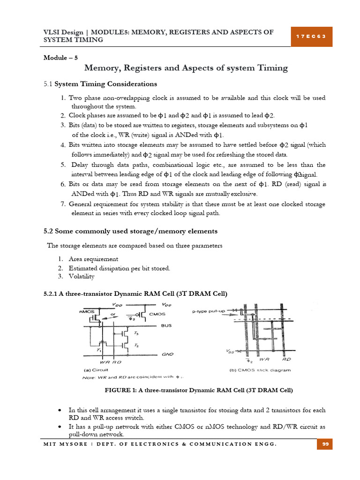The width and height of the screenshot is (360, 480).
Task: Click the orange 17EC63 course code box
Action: (311, 37)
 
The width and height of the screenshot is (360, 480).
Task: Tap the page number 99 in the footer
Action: (324, 444)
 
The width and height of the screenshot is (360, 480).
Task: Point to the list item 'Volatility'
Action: (81, 277)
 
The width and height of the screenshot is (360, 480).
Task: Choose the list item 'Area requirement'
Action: (93, 259)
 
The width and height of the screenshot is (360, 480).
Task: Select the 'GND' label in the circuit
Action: (167, 355)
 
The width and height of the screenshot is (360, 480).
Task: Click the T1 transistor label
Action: (99, 350)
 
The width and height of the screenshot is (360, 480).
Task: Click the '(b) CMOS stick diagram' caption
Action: (261, 369)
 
